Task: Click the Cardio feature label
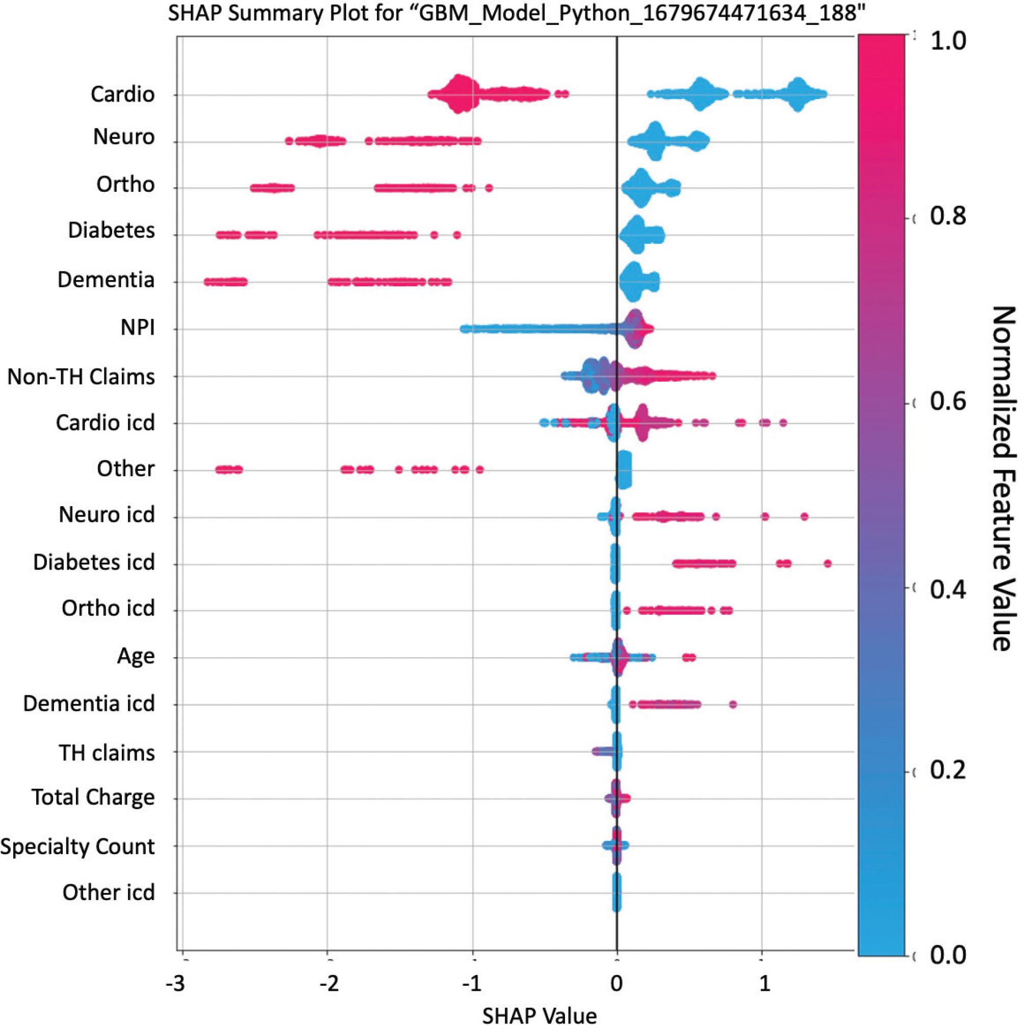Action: [x=122, y=94]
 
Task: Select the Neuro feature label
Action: [x=123, y=137]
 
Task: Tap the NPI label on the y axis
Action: [x=137, y=328]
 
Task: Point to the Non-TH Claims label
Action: [x=81, y=377]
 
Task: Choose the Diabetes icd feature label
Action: [x=94, y=562]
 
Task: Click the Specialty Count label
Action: [x=78, y=846]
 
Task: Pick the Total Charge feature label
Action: [x=93, y=797]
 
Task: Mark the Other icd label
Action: [x=109, y=892]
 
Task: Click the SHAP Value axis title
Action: [x=540, y=1014]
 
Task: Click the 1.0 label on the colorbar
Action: [x=948, y=41]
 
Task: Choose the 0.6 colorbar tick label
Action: [x=948, y=402]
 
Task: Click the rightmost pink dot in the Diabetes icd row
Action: [x=828, y=563]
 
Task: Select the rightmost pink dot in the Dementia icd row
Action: [x=733, y=705]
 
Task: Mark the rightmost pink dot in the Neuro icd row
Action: [x=804, y=517]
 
